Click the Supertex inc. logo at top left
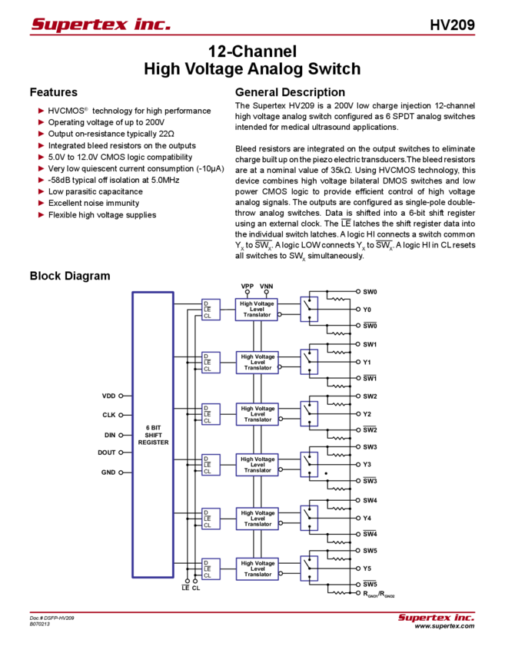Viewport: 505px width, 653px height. pos(101,25)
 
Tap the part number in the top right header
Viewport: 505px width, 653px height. pos(457,25)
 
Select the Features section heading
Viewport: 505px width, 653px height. pos(57,92)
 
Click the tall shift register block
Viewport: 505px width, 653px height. pos(151,434)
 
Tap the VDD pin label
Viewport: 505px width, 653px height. pos(108,396)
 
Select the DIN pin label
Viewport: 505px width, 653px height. pos(108,434)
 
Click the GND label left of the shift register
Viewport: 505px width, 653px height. pos(108,472)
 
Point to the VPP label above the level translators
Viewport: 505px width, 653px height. pos(247,286)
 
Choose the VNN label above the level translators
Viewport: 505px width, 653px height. pos(266,286)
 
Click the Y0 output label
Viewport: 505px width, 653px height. pos(367,310)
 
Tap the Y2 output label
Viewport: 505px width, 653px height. pos(367,413)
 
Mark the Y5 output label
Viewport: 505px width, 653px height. pos(367,568)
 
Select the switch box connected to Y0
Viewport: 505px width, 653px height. pos(309,309)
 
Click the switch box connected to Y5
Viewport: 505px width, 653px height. pos(309,568)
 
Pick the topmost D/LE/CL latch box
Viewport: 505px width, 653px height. pos(211,309)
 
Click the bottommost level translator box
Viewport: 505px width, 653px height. pos(257,568)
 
